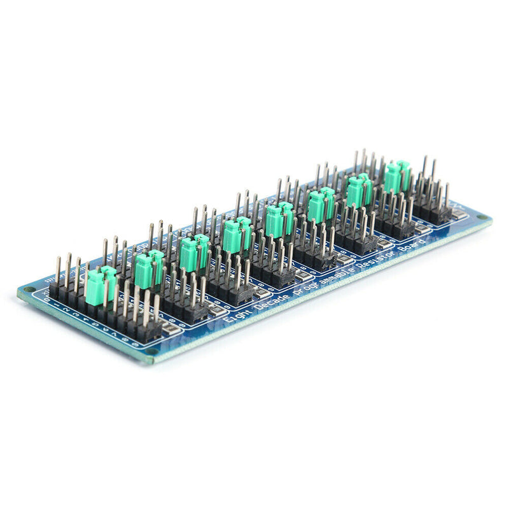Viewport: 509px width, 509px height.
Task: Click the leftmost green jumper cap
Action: pos(101,284)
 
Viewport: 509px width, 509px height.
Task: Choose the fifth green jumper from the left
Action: pos(279,218)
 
